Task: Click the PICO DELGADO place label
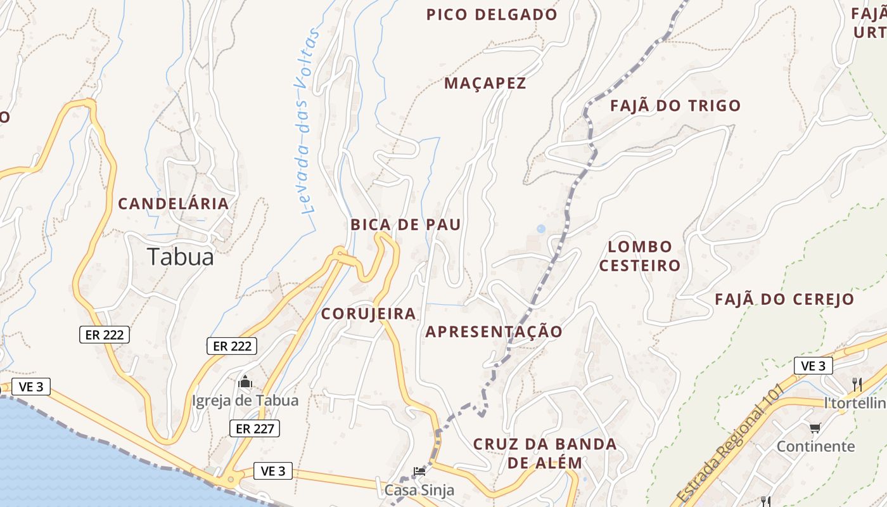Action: click(492, 15)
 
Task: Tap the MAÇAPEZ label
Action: click(485, 83)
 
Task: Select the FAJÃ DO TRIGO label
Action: click(675, 106)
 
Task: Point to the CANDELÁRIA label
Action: click(174, 203)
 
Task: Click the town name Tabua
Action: click(181, 257)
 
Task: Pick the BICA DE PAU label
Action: click(405, 224)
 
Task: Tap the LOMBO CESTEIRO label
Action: click(640, 256)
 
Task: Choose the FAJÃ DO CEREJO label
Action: click(784, 299)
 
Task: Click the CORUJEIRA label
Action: click(368, 314)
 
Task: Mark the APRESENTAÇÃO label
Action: click(494, 331)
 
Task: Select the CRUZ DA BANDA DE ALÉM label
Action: click(545, 453)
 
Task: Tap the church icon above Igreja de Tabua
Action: click(245, 382)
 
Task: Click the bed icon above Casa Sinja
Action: click(419, 471)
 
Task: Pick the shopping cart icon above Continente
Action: click(815, 428)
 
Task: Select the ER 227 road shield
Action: click(254, 428)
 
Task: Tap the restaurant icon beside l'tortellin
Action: click(857, 384)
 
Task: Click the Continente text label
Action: click(815, 446)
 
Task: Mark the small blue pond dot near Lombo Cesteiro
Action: click(540, 229)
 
